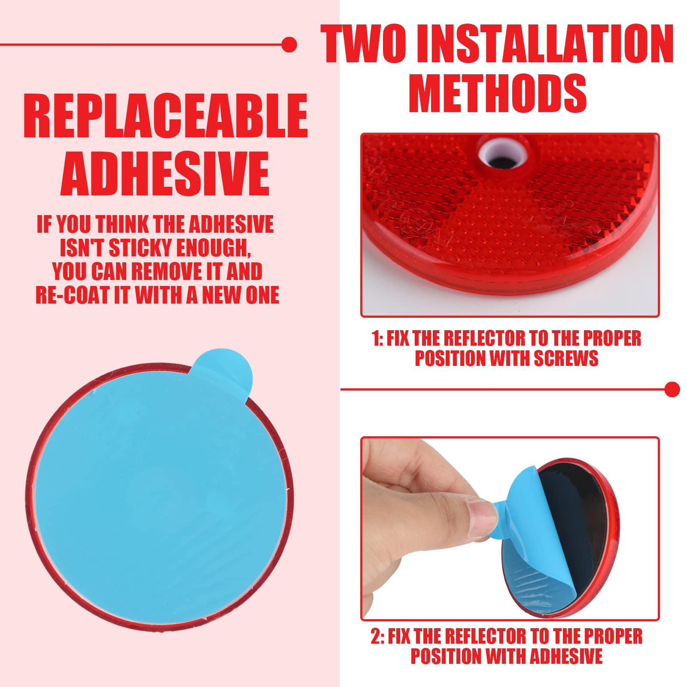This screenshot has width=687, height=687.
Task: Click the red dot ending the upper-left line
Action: tap(289, 44)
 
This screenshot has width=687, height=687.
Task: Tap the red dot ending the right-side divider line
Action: tap(672, 389)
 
